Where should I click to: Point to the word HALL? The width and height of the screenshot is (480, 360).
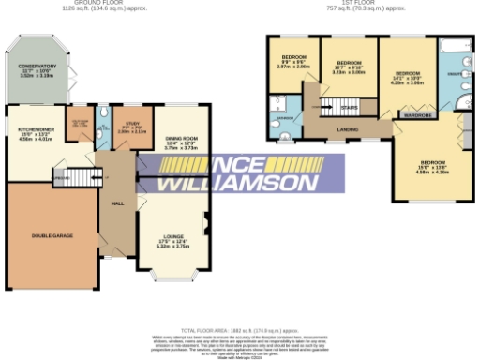(118, 203)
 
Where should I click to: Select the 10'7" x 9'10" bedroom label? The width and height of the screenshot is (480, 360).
(349, 67)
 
